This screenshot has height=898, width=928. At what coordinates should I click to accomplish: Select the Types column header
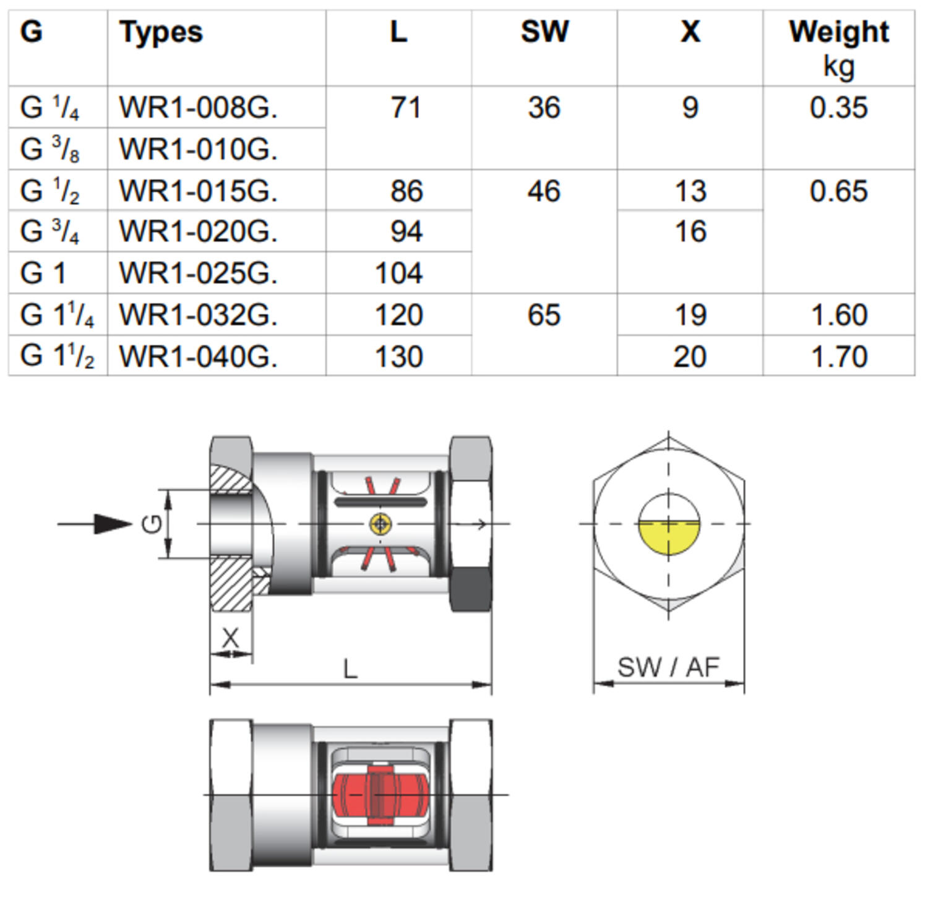point(161,32)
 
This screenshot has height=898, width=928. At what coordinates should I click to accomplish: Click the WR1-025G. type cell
point(198,273)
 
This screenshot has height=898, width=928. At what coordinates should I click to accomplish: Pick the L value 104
point(399,273)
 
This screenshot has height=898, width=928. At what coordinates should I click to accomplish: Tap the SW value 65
point(544,315)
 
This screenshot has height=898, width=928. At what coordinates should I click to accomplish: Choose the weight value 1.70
point(839,357)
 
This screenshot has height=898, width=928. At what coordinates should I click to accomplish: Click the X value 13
point(690,190)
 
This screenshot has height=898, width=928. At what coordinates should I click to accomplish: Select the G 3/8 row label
point(49,149)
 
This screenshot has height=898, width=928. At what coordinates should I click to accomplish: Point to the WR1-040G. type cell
point(198,357)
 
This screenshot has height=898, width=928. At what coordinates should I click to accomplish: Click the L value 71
point(406,108)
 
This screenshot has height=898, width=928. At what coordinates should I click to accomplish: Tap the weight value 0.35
point(839,108)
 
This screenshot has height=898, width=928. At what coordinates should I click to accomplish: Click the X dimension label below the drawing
point(230,638)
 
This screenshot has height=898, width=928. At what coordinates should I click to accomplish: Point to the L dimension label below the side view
point(350,669)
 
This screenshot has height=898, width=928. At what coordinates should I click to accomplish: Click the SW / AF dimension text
point(668,667)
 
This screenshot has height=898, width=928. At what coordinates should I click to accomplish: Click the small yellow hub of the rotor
point(380,524)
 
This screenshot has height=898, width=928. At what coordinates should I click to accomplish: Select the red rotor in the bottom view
point(379,794)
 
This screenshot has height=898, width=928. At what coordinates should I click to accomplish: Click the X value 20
point(690,357)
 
